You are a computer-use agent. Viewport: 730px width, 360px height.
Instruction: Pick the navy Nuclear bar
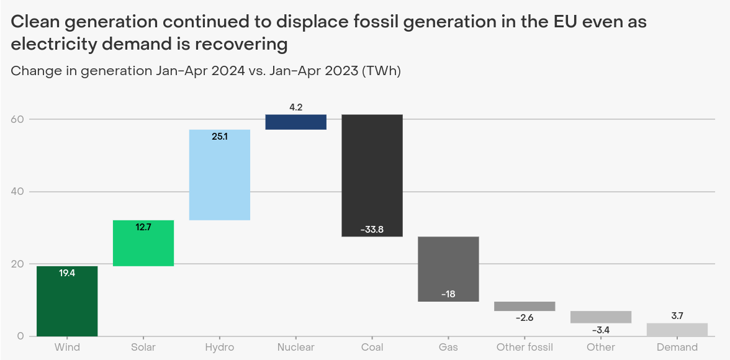[296, 122]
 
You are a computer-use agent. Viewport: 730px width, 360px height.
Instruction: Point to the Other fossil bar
[525, 306]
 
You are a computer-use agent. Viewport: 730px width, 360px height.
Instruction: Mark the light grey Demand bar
[677, 329]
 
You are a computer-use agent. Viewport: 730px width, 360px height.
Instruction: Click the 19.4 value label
[67, 272]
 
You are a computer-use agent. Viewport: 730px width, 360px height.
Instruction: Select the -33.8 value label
[372, 230]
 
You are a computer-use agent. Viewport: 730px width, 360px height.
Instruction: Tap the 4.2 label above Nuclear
[296, 107]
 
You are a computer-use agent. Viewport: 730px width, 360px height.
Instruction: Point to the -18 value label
[448, 294]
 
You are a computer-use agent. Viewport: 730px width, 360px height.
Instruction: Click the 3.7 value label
[677, 316]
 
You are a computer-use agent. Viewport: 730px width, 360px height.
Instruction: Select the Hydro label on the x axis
[220, 348]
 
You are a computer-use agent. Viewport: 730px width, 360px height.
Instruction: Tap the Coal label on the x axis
[372, 348]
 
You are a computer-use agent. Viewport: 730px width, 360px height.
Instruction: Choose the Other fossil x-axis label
[525, 348]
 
